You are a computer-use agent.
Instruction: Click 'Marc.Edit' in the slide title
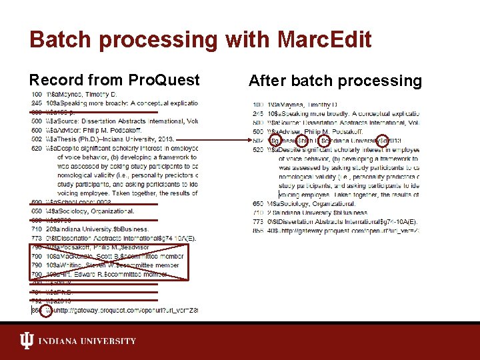319,39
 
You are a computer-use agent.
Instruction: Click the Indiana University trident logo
27,341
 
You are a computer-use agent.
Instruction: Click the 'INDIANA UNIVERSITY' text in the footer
87,341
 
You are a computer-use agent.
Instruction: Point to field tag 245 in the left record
36,103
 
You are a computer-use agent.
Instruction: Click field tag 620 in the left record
36,149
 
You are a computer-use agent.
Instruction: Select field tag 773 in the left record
36,238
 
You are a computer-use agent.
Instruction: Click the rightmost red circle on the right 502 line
382,141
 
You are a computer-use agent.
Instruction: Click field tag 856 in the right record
258,230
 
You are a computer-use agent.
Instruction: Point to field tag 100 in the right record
258,105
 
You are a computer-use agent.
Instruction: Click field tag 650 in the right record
258,203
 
